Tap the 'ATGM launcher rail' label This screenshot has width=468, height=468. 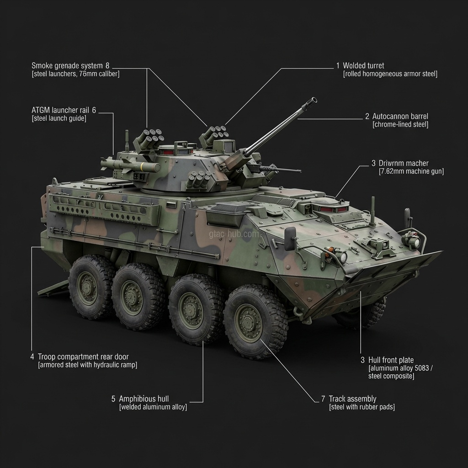coord(61,110)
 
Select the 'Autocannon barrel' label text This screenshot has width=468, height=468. coord(400,116)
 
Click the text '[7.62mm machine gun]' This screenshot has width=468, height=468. coord(411,171)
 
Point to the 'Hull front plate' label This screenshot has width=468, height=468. coord(391,360)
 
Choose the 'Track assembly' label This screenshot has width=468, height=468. coord(352,399)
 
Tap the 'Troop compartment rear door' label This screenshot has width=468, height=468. coord(83,356)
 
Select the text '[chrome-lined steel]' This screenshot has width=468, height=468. coord(400,124)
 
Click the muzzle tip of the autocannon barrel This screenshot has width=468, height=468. coord(314,99)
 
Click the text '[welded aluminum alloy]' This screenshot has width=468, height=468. coord(153,407)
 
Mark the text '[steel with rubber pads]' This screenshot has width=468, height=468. coord(362,407)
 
